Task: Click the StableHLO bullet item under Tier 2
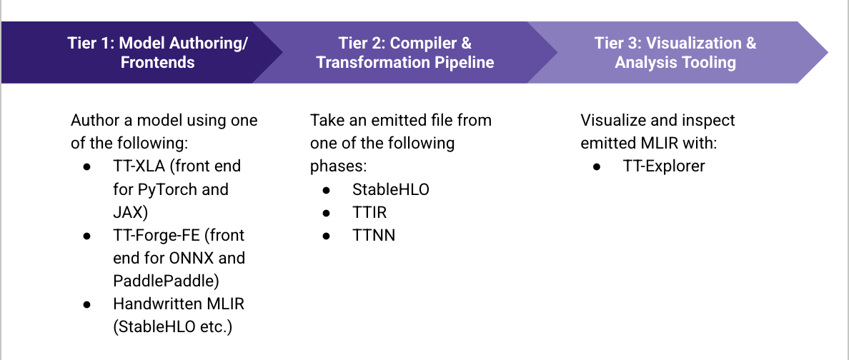390,189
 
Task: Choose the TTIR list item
369,212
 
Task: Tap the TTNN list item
373,235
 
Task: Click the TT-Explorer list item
663,166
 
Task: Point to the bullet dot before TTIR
327,212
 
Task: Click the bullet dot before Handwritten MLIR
87,304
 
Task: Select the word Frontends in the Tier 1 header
157,63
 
